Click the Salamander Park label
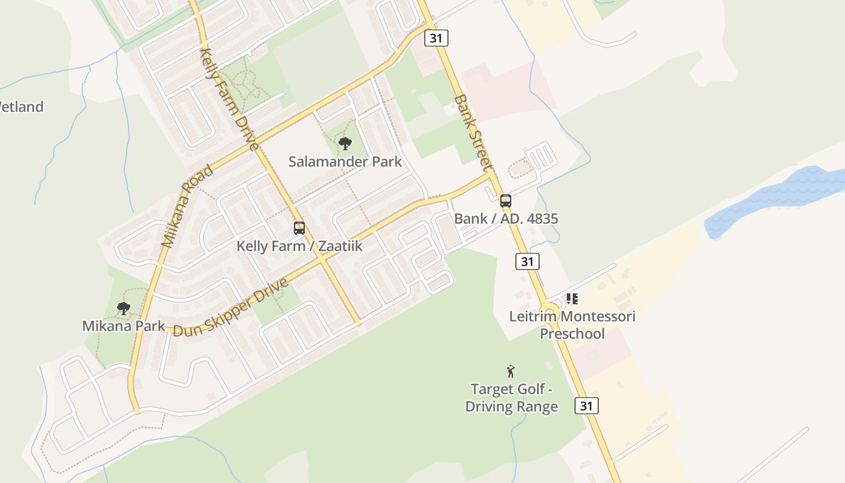click(345, 162)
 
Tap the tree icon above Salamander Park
click(345, 144)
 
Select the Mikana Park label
click(124, 326)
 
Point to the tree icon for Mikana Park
click(124, 309)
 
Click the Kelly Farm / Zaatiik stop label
click(299, 246)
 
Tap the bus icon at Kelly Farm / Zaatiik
click(299, 228)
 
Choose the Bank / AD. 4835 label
click(506, 219)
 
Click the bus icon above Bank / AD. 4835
click(506, 201)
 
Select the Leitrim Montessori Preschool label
click(572, 325)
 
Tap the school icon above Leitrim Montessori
click(572, 298)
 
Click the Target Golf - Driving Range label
click(512, 398)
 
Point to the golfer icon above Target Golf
click(511, 371)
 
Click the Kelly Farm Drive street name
click(229, 99)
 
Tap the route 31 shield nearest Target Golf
click(586, 406)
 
